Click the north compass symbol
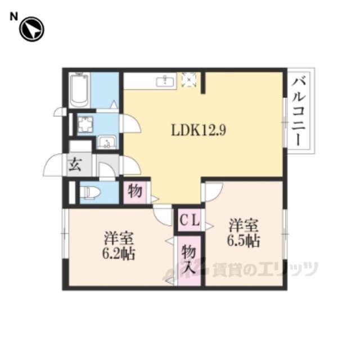[31, 29]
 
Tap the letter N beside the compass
[13, 16]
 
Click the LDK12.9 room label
[199, 130]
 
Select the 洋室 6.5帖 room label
[244, 233]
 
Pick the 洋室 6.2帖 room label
[119, 246]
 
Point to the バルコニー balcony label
[299, 112]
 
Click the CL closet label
[190, 221]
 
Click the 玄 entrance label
[75, 164]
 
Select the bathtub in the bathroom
[79, 90]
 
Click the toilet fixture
[92, 192]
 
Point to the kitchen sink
[165, 81]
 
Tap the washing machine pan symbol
[85, 125]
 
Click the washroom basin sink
[107, 142]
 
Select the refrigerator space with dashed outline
[189, 79]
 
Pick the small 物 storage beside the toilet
[135, 192]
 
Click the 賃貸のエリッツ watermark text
[265, 269]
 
